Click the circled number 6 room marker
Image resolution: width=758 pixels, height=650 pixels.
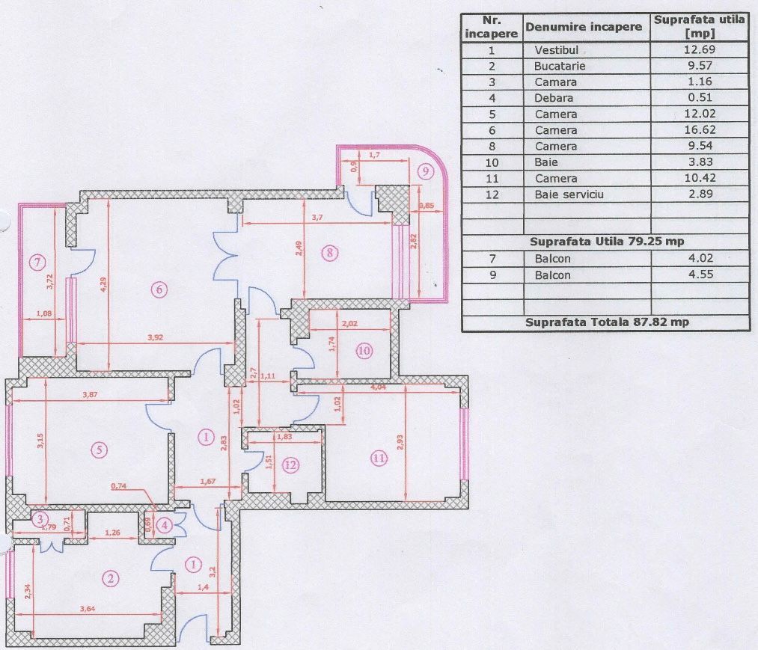[159, 289]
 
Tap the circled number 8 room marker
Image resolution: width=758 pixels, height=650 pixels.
[330, 252]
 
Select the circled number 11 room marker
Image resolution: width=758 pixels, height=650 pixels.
[379, 458]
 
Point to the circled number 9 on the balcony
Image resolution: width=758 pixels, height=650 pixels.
[426, 171]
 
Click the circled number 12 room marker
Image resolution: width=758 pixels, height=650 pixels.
[290, 465]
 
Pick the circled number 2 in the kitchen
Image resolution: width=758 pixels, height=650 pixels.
[111, 578]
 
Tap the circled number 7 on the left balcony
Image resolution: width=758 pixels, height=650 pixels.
[37, 263]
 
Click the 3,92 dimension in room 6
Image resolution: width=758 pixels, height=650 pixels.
[155, 337]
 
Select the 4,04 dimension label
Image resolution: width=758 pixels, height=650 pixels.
[378, 387]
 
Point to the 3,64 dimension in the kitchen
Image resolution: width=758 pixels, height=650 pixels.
[88, 608]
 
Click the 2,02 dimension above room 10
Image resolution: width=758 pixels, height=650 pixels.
[349, 323]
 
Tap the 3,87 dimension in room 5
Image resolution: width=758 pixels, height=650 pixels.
[90, 394]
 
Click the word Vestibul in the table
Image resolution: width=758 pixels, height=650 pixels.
[557, 50]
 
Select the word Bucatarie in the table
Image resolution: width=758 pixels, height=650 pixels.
[559, 66]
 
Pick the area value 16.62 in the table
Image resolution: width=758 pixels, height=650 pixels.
[700, 129]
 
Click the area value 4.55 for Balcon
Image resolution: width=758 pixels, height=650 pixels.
[700, 274]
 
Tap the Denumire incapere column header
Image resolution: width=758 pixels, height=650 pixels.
[584, 27]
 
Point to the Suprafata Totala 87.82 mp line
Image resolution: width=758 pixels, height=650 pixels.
[607, 322]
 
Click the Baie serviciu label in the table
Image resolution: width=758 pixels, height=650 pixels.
[569, 194]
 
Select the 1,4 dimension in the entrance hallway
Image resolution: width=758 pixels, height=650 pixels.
[203, 586]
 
